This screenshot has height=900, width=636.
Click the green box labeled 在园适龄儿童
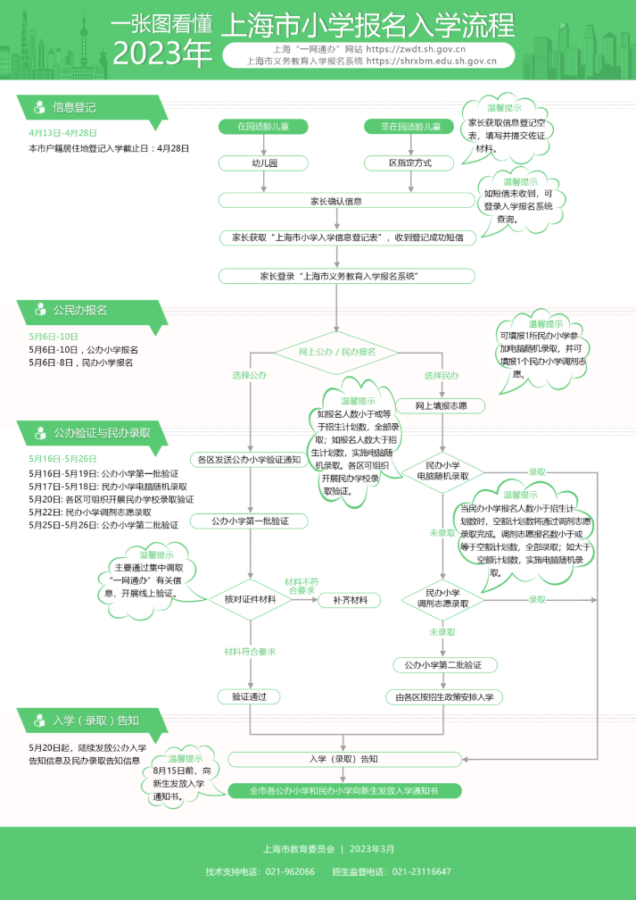[263, 127]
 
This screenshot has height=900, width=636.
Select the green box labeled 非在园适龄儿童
[409, 127]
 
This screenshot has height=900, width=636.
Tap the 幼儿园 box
[263, 163]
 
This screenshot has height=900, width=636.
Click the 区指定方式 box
[409, 163]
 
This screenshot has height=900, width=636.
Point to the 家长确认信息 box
[335, 201]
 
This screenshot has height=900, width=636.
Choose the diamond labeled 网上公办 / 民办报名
[335, 352]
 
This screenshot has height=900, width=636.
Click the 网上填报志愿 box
[442, 406]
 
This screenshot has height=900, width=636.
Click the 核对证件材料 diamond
[250, 599]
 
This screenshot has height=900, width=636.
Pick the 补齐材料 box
[350, 600]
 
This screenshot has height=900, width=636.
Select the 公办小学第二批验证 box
[442, 665]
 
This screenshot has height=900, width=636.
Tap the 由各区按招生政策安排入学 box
[443, 696]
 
